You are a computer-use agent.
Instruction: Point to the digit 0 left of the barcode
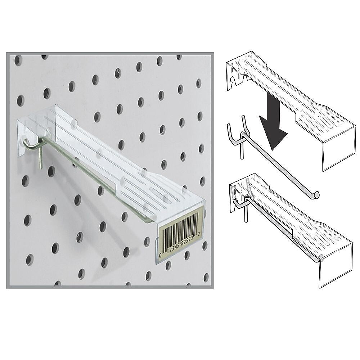[160, 255]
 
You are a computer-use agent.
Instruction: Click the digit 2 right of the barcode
[199, 234]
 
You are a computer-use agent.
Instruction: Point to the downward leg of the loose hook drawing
[241, 150]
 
